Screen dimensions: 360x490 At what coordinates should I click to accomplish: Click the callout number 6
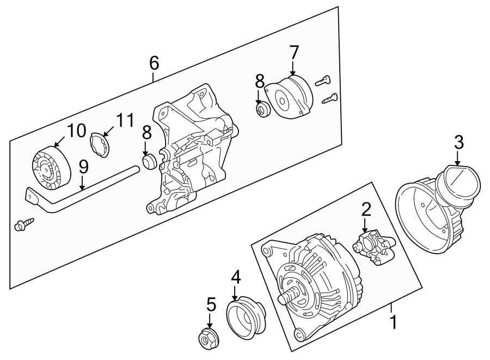[x=154, y=63]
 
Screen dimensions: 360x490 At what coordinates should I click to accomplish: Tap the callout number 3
[x=458, y=143]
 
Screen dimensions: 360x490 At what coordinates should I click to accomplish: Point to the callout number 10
[x=76, y=131]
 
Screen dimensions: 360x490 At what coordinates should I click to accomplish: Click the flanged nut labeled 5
[x=206, y=340]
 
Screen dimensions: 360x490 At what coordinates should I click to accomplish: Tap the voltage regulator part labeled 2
[x=374, y=248]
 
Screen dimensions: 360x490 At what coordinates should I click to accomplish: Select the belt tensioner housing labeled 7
[x=292, y=97]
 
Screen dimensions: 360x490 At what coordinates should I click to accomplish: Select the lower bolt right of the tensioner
[x=330, y=99]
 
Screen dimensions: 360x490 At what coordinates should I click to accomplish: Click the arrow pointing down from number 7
[x=293, y=69]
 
